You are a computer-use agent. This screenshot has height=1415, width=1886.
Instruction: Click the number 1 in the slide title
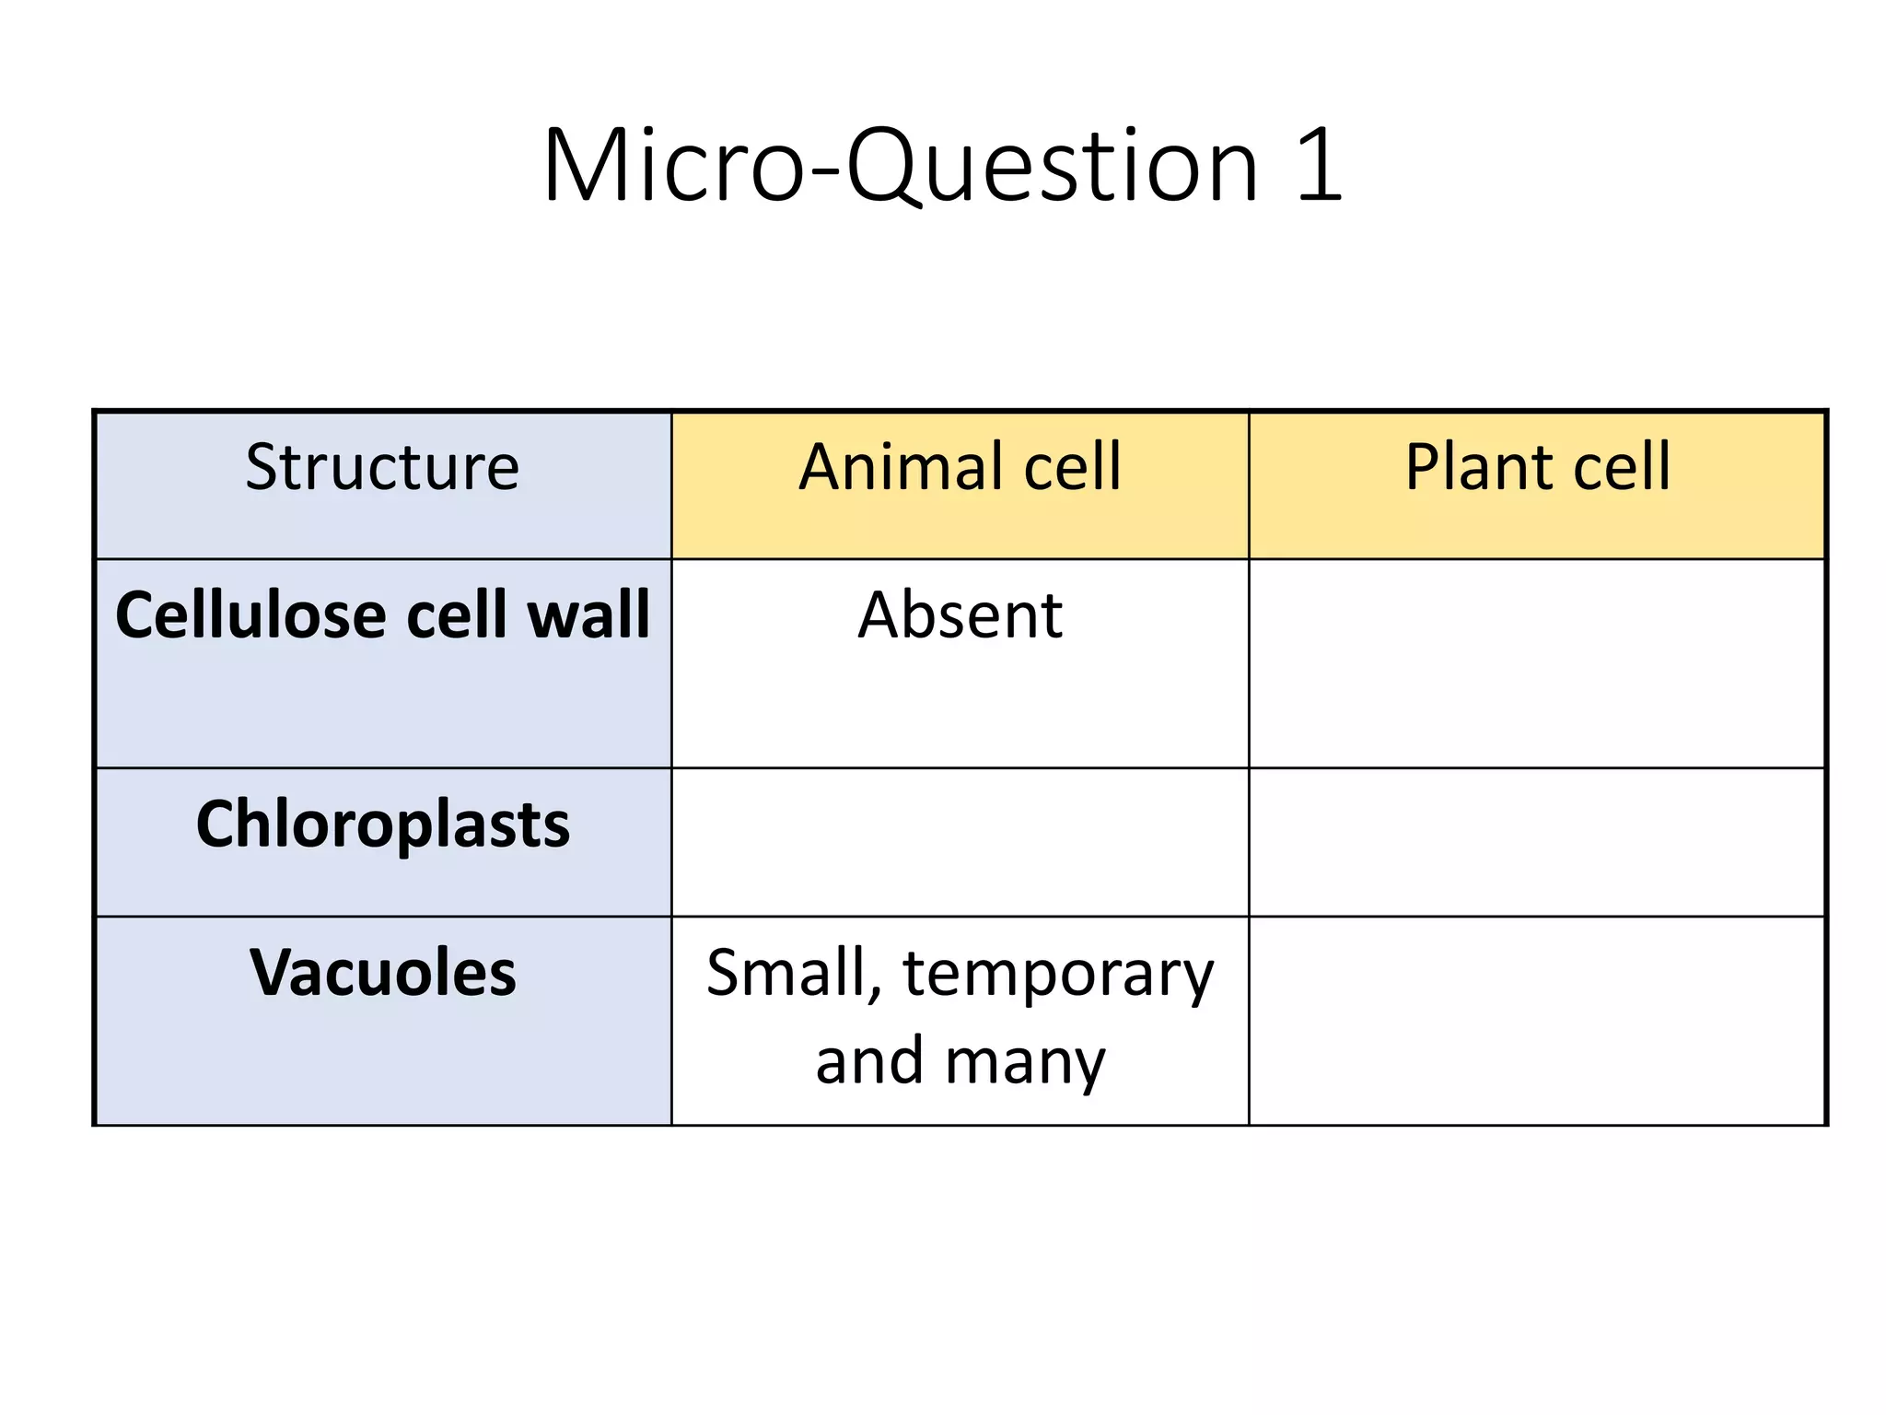(1319, 167)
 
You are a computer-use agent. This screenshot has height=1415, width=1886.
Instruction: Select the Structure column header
(382, 467)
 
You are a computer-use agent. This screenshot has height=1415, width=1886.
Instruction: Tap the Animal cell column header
(960, 467)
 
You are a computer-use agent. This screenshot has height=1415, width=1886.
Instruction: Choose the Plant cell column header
(1537, 467)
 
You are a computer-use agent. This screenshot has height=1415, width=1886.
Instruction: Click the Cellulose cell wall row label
(382, 614)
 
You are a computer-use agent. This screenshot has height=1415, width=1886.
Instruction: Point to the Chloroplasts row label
(382, 824)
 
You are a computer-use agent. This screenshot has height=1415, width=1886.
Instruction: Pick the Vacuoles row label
(382, 973)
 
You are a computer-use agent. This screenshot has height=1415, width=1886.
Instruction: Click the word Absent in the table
(960, 614)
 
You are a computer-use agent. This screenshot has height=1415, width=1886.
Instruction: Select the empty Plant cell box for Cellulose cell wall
(1537, 663)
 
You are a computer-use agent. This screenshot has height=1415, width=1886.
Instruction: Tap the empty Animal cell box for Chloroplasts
(960, 842)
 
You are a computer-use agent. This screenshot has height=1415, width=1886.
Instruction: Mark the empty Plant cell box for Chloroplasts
(1537, 842)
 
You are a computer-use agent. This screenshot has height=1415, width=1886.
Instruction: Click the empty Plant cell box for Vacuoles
(1537, 1021)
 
